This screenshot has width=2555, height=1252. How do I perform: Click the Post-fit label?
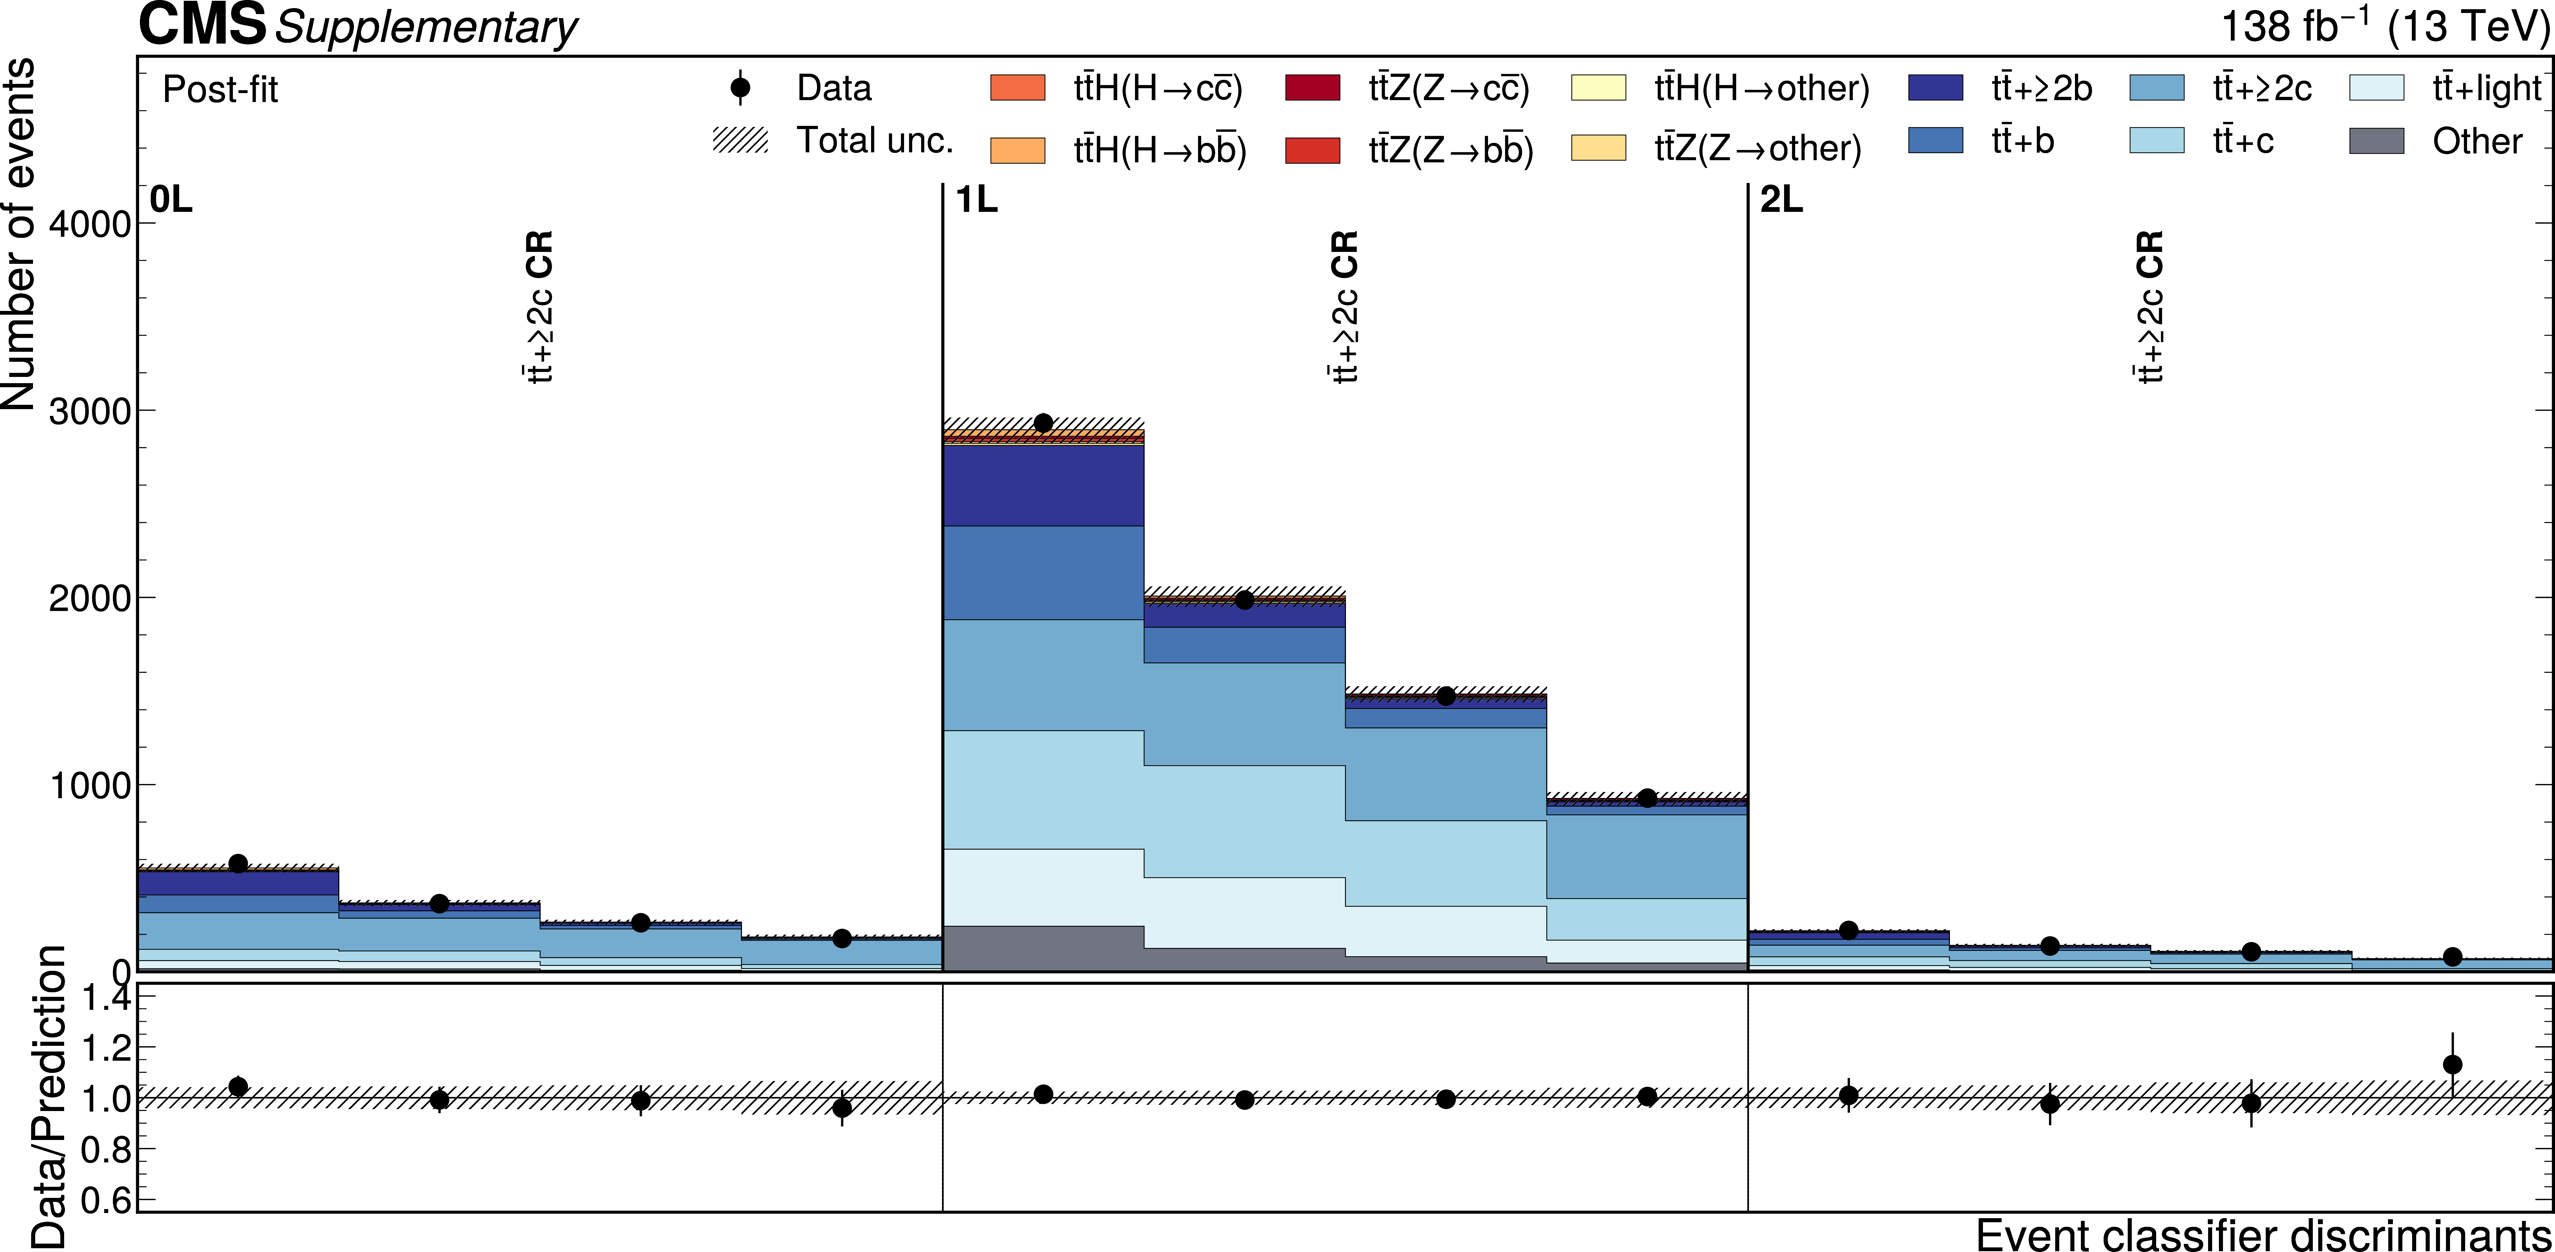[x=220, y=89]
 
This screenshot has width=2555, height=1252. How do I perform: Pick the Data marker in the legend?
[x=740, y=87]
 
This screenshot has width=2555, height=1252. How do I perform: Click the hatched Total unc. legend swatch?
[x=740, y=141]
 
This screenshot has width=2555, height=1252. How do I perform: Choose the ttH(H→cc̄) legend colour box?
[x=1018, y=87]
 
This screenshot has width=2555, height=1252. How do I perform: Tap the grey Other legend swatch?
[x=2376, y=141]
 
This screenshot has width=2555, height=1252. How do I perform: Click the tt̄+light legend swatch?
[x=2376, y=87]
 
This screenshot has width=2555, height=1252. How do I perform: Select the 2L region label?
[x=1781, y=201]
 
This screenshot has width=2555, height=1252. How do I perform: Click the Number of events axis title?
[x=20, y=234]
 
